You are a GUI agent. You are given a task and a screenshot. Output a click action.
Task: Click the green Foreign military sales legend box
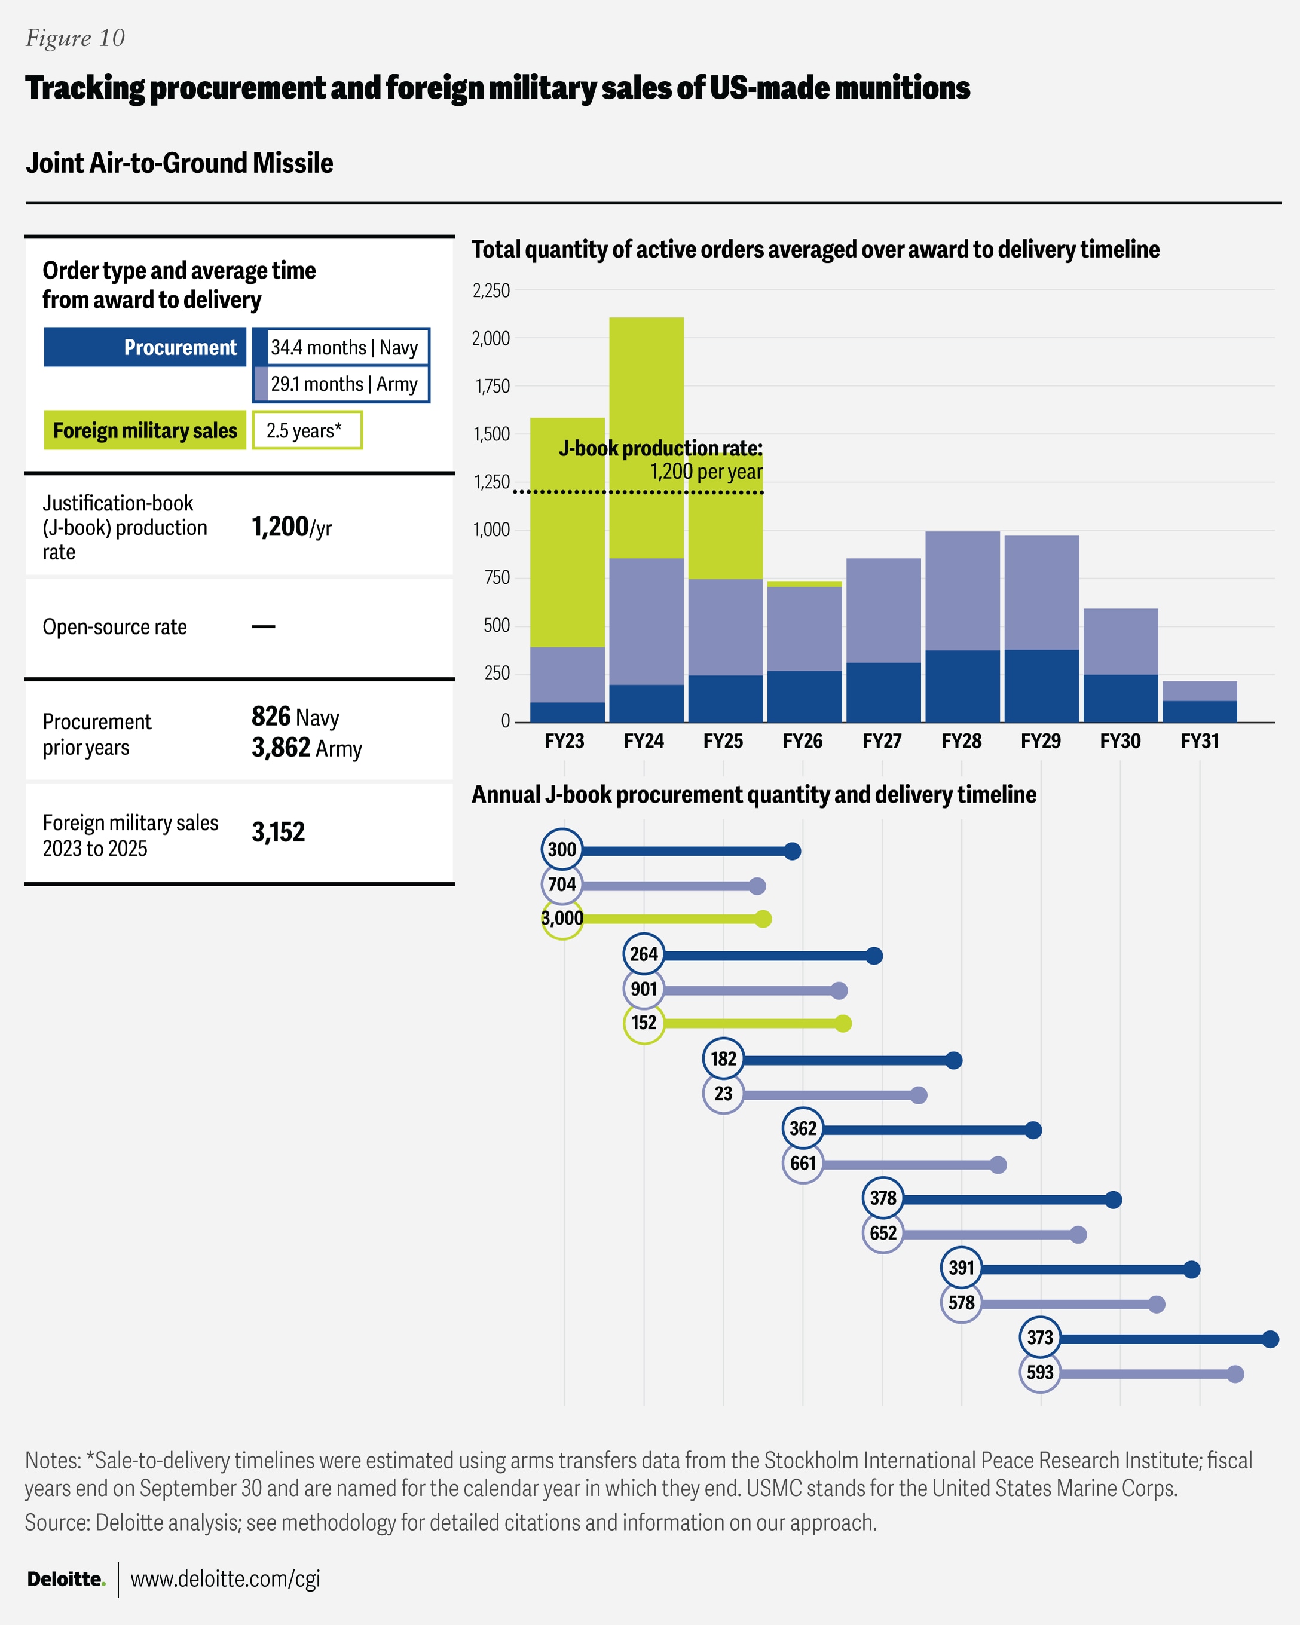[145, 430]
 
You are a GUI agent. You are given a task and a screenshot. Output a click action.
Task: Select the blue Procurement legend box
[145, 347]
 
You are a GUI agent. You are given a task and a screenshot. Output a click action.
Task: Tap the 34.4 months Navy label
[344, 347]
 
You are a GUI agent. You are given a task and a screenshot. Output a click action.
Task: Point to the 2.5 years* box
[307, 430]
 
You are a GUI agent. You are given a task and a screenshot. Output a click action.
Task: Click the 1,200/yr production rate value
[291, 527]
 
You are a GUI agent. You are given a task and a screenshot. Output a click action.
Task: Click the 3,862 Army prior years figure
[306, 748]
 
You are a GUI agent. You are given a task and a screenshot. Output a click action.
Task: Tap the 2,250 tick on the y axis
[491, 291]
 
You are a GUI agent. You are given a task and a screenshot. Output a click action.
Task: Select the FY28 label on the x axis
[961, 742]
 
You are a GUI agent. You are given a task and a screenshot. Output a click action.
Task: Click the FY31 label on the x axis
[1199, 742]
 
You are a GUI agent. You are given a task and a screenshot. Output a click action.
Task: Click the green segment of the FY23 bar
[567, 532]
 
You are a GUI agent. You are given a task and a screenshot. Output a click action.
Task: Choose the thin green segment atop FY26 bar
[804, 584]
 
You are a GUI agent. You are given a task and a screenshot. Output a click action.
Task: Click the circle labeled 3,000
[562, 919]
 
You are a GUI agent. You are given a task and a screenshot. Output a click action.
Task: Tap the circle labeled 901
[644, 989]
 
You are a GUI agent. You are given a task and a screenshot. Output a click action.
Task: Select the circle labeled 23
[723, 1094]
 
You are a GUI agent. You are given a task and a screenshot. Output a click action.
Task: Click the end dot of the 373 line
[1270, 1339]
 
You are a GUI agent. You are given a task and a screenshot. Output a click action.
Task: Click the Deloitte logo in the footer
[66, 1579]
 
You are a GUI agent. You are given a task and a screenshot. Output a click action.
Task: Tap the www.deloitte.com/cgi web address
[225, 1579]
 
